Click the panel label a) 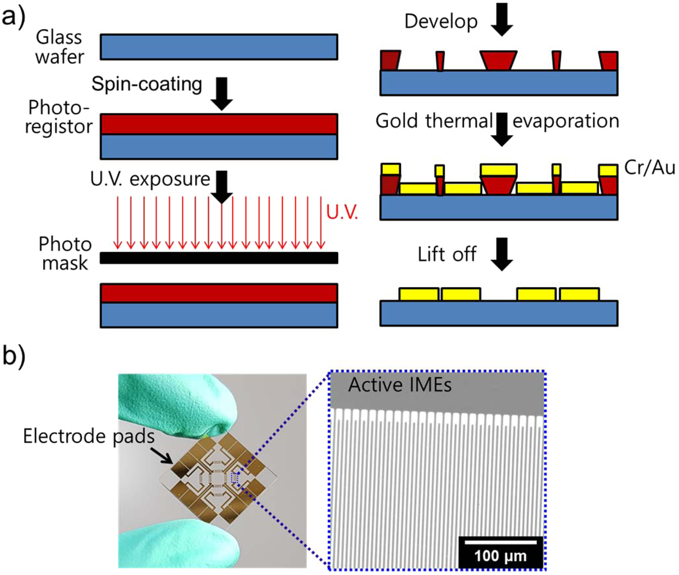pyautogui.click(x=13, y=17)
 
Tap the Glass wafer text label pyautogui.click(x=60, y=47)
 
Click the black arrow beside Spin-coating pyautogui.click(x=221, y=93)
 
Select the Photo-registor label pyautogui.click(x=59, y=117)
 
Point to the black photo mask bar pyautogui.click(x=219, y=258)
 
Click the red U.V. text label pyautogui.click(x=342, y=212)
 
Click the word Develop pyautogui.click(x=440, y=22)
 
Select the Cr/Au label pyautogui.click(x=649, y=168)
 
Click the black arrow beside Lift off pyautogui.click(x=501, y=254)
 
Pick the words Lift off pyautogui.click(x=447, y=254)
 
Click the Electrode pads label pyautogui.click(x=88, y=436)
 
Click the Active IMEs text pyautogui.click(x=400, y=386)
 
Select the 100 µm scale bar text pyautogui.click(x=500, y=556)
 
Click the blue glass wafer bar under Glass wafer pyautogui.click(x=219, y=47)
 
